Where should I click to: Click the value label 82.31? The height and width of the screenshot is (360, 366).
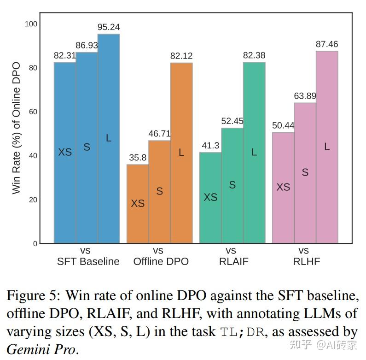65,56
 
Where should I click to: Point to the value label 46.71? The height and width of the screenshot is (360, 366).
159,134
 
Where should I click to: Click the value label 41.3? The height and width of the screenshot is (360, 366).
210,146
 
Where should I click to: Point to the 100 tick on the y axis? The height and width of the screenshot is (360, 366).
30,24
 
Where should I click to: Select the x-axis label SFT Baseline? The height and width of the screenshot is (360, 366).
88,261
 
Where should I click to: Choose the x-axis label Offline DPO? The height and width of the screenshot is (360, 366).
161,261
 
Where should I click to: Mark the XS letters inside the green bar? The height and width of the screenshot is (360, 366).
210,197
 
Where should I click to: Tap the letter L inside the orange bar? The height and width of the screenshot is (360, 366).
181,153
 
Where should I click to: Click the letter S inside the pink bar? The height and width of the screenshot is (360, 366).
305,172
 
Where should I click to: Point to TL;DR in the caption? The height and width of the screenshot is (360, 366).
239,332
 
